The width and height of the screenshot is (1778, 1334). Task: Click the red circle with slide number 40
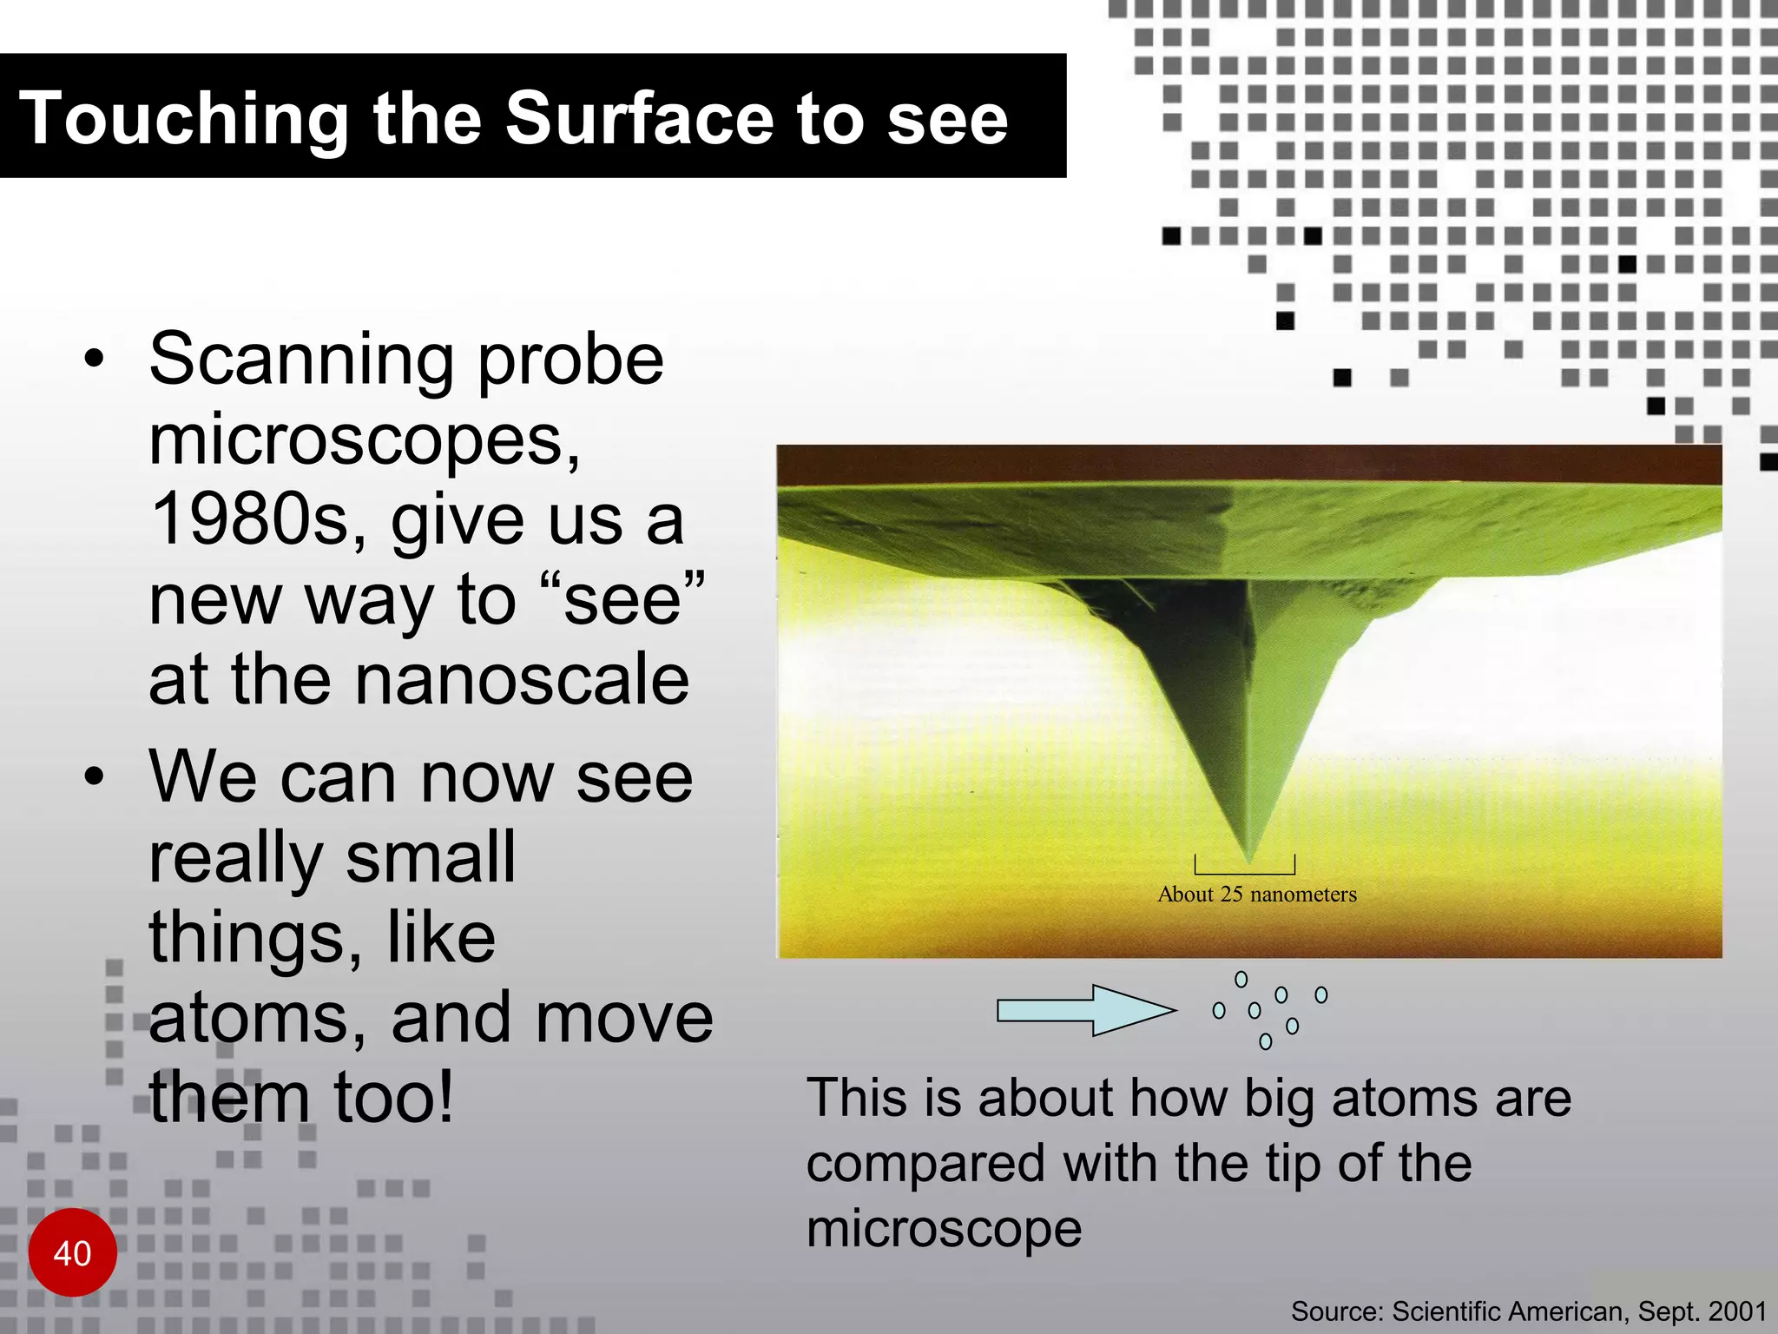pyautogui.click(x=72, y=1252)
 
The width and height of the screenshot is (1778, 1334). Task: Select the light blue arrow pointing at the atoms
pyautogui.click(x=1085, y=1010)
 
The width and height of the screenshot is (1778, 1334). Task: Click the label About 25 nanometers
pyautogui.click(x=1256, y=895)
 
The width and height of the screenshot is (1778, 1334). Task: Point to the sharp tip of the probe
pyautogui.click(x=1248, y=859)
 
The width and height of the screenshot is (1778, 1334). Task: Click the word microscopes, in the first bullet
pyautogui.click(x=365, y=440)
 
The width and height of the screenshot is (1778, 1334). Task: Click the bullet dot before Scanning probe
pyautogui.click(x=95, y=359)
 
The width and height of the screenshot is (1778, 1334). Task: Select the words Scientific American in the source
pyautogui.click(x=1508, y=1311)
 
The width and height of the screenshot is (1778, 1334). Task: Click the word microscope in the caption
pyautogui.click(x=944, y=1229)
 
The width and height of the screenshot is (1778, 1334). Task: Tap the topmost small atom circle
pyautogui.click(x=1241, y=980)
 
